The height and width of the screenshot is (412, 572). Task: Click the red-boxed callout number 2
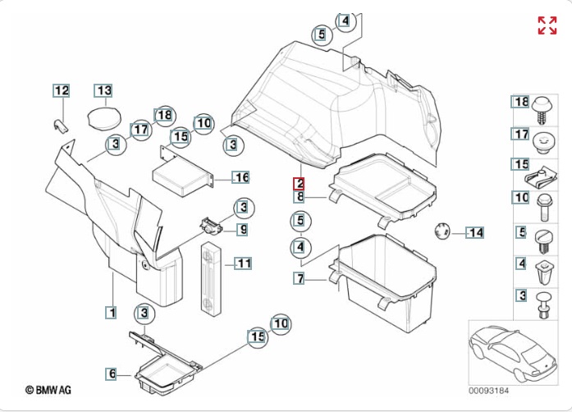click(300, 183)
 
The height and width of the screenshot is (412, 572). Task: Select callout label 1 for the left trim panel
click(111, 312)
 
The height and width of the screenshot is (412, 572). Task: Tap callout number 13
click(103, 90)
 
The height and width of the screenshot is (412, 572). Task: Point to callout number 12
click(62, 90)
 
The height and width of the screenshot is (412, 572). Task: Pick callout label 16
click(240, 177)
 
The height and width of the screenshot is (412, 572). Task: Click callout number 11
click(243, 263)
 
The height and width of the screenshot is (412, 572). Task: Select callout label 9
click(243, 229)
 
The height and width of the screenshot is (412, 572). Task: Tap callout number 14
click(476, 233)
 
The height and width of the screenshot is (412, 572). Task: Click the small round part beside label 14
click(442, 230)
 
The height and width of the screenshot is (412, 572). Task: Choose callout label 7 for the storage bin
click(300, 279)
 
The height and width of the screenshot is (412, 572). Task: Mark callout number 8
click(300, 196)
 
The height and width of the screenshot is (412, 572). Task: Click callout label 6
click(112, 374)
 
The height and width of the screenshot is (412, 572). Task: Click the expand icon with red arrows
click(547, 25)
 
